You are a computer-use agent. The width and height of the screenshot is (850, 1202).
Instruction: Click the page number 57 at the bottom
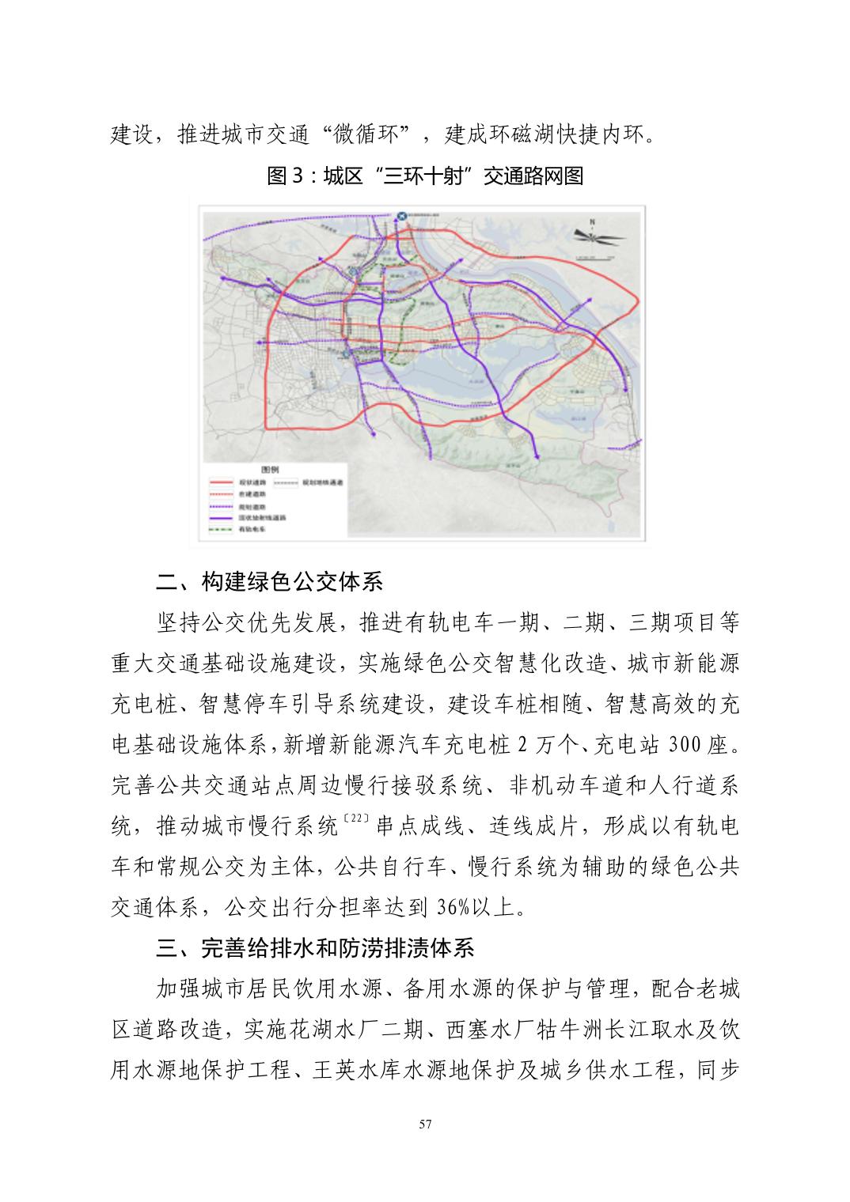(x=426, y=1125)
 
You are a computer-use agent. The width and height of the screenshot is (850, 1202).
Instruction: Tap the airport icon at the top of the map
(x=401, y=215)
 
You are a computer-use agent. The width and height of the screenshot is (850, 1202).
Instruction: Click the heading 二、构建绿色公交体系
(x=270, y=583)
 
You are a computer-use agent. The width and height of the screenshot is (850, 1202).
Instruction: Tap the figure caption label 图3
(x=286, y=176)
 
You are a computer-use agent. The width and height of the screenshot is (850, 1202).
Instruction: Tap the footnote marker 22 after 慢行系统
(x=355, y=819)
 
